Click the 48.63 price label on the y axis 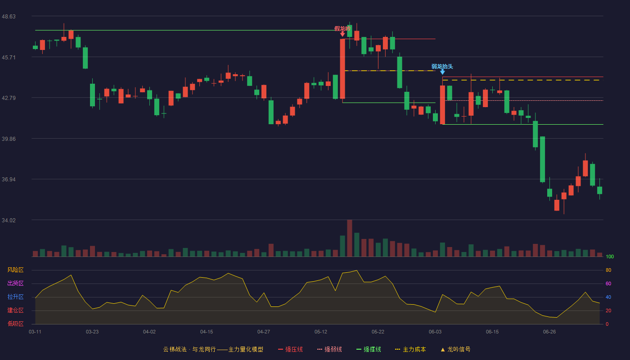click(9, 17)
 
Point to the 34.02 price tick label click(9, 220)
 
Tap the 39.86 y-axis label click(9, 139)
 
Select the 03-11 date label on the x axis click(35, 332)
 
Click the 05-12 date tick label click(320, 332)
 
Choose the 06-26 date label click(549, 332)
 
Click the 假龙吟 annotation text click(342, 29)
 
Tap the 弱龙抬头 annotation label click(442, 67)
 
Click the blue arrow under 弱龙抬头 click(442, 72)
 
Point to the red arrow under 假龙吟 click(342, 34)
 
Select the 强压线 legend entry click(290, 349)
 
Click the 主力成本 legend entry click(410, 349)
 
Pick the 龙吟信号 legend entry click(455, 349)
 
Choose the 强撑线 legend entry click(369, 349)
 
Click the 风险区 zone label click(15, 270)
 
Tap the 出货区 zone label click(15, 283)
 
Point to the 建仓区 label click(15, 310)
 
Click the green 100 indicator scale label click(610, 256)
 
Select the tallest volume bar click(350, 238)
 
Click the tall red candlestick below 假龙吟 click(342, 69)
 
